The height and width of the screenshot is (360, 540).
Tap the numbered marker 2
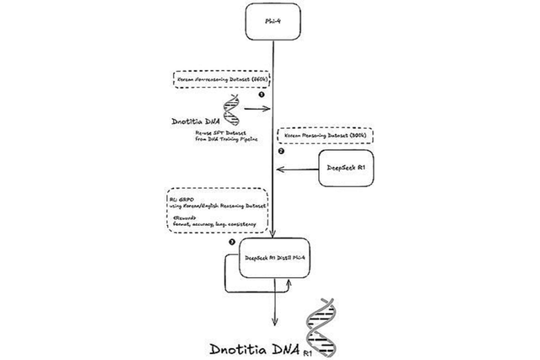pyautogui.click(x=283, y=152)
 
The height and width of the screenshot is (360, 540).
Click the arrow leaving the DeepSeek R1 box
pyautogui.click(x=300, y=169)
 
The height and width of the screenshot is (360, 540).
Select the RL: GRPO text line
pyautogui.click(x=183, y=196)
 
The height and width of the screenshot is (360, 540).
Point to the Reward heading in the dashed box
pyautogui.click(x=183, y=217)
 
